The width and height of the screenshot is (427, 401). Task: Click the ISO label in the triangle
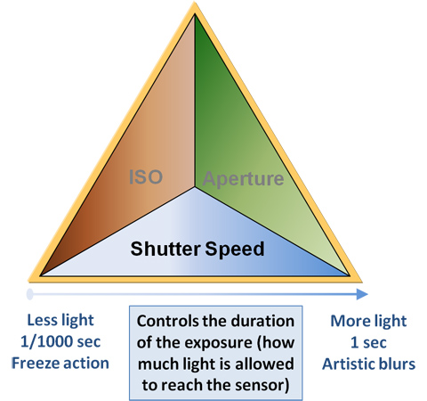coord(146,177)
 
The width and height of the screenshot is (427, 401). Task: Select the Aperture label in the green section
coord(243,179)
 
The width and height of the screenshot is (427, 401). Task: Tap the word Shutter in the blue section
coord(165,249)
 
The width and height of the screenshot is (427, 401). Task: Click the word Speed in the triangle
coord(235,250)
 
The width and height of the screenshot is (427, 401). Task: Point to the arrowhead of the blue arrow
coord(362,294)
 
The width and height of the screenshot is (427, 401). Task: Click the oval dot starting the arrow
coord(29,294)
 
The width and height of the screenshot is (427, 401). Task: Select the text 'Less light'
coord(60,321)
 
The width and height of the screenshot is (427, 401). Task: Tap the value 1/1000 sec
coord(60,341)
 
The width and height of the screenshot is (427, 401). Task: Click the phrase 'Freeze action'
coord(60,364)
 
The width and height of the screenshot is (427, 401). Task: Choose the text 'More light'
coord(368,321)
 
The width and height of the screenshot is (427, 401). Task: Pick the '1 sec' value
coord(368,342)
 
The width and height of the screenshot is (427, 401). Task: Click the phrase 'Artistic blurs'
coord(369,364)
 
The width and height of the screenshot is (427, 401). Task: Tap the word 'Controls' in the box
coord(168,321)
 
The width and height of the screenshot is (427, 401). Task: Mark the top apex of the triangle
coord(195,3)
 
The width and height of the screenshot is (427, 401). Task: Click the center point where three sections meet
coord(195,187)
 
